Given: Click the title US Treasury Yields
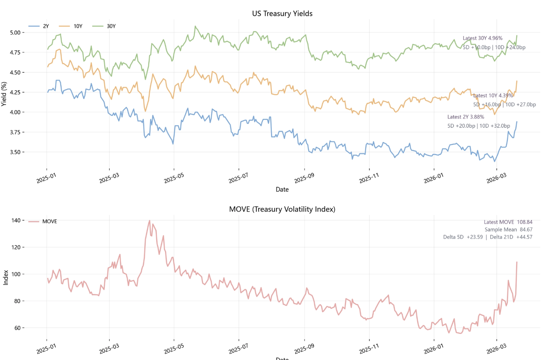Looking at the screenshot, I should (282, 14).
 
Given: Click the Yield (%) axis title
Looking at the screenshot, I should (5, 93).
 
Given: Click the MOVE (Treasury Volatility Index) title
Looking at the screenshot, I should (282, 209).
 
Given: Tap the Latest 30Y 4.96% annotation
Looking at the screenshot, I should (482, 38).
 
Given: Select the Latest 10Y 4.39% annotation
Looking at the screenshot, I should (493, 96).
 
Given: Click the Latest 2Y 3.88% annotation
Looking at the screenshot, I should (466, 117).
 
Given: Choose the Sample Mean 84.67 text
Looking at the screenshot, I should (508, 229).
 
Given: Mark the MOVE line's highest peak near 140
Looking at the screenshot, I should (149, 221).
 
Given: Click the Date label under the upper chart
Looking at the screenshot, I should (282, 190).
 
